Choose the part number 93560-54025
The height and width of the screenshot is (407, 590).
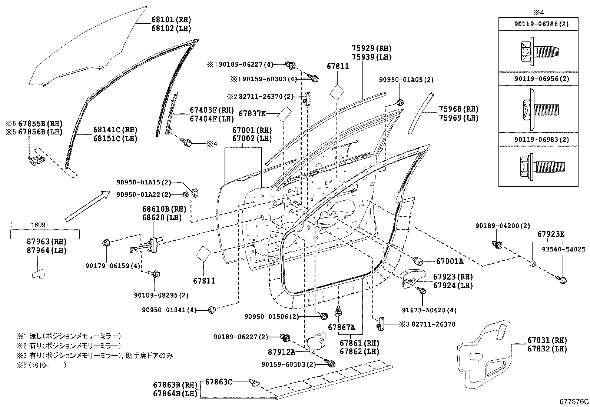563,249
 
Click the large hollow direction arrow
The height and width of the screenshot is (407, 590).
87,206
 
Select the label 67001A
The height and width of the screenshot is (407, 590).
450,261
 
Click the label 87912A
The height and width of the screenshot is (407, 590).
281,351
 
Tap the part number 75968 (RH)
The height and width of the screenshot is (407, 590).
458,109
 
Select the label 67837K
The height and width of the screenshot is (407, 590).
252,113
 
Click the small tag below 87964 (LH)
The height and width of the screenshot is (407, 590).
38,273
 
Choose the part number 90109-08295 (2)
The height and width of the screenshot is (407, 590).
161,295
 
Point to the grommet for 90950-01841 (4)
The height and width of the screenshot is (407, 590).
212,309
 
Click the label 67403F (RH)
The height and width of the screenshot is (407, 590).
212,110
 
